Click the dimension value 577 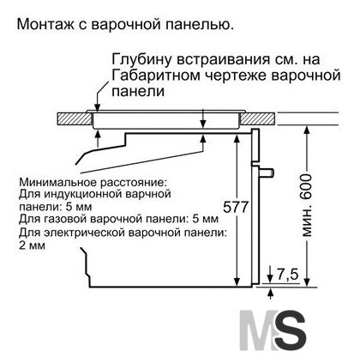coord(236,207)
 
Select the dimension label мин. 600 coord(307,205)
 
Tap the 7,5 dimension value coord(287,275)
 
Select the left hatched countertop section coord(74,118)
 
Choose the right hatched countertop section coord(259,118)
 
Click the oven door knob coord(267,172)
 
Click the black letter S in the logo coord(290,330)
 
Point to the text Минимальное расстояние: coord(93,182)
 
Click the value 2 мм coord(32,245)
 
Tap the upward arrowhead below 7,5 coord(271,292)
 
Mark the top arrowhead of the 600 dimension coord(307,130)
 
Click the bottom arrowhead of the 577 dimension coord(237,281)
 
